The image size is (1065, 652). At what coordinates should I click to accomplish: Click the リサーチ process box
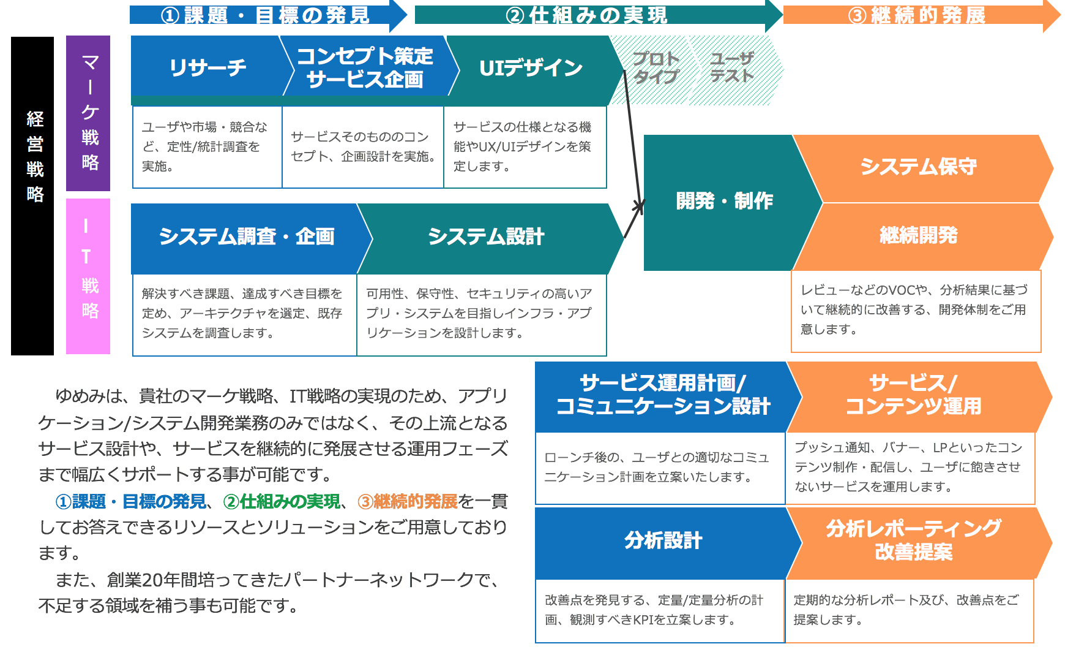[x=207, y=67]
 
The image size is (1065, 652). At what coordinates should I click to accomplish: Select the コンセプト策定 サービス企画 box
[x=365, y=67]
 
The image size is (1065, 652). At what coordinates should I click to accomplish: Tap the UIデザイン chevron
[x=530, y=67]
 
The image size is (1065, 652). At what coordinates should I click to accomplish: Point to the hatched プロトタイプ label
[x=656, y=67]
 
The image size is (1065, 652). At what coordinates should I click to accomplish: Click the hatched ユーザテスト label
[x=732, y=67]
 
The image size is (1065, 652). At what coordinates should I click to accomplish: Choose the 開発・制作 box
[x=724, y=201]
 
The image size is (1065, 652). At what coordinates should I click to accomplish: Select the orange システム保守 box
[x=918, y=167]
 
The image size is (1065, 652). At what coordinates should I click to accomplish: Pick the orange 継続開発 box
[x=918, y=235]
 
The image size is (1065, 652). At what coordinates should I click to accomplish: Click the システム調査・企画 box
[x=246, y=237]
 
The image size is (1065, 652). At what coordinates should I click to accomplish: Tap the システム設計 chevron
[x=486, y=237]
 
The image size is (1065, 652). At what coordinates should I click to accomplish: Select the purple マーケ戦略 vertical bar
[x=89, y=113]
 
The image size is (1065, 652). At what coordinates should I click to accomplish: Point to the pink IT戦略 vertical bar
[x=89, y=276]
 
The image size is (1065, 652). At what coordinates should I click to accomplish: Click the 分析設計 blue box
[x=663, y=541]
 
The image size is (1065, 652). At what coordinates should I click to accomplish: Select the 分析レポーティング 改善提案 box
[x=913, y=540]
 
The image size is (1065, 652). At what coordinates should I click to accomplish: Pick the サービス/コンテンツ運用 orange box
[x=913, y=395]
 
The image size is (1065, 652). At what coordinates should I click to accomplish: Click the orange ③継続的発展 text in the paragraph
[x=408, y=502]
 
